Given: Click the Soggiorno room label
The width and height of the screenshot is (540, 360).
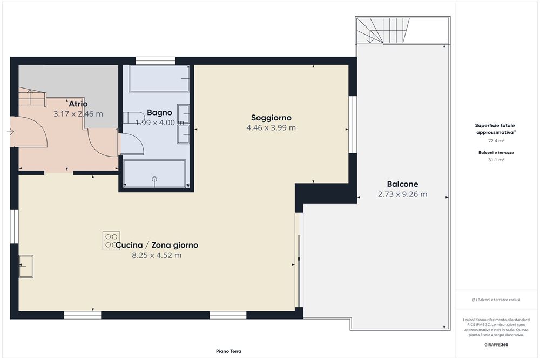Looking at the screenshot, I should pos(271,117).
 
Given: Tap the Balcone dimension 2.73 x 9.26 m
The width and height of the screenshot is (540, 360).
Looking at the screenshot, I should pos(402,194).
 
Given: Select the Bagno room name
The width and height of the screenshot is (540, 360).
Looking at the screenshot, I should pos(160,112).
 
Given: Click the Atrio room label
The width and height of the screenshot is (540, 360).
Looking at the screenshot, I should pos(78,104).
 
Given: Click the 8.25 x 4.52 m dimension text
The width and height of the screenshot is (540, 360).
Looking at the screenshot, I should pos(157,255).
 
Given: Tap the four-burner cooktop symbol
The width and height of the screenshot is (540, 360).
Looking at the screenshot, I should pos(111,241).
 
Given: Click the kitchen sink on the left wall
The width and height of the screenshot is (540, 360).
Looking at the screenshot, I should pos(26,266).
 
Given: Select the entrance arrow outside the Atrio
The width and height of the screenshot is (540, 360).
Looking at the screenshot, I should pos(11,131).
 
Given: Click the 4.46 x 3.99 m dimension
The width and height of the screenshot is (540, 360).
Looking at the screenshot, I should pos(271,128).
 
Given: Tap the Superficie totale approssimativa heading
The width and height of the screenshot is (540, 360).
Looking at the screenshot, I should pos(495,128).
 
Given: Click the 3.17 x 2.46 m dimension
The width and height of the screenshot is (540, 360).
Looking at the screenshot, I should pos(78,114).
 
